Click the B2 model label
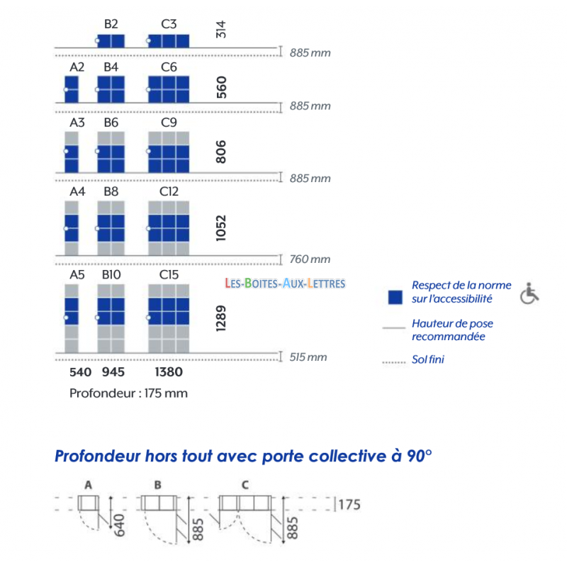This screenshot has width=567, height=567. [x=111, y=24]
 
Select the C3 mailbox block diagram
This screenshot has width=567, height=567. [x=169, y=41]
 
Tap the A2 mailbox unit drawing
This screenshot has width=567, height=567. [x=72, y=89]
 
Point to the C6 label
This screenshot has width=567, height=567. [x=169, y=67]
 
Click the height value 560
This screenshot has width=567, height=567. [x=221, y=87]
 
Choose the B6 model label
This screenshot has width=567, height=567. [x=111, y=123]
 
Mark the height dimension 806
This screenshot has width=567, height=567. [x=221, y=152]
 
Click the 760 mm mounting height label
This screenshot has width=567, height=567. [x=310, y=259]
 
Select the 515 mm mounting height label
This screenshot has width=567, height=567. [x=308, y=357]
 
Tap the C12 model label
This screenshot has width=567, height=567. [x=169, y=191]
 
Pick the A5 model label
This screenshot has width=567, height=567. [x=77, y=275]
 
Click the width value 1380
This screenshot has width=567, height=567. [x=169, y=371]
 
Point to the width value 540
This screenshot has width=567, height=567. [x=80, y=371]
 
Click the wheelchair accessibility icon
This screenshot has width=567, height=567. [x=529, y=293]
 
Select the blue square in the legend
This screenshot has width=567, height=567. [x=395, y=297]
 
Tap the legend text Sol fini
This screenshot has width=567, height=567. [x=428, y=359]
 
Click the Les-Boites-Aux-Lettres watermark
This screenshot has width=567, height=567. [x=285, y=283]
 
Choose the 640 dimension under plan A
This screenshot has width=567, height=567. [x=119, y=525]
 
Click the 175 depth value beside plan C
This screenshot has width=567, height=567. [x=349, y=505]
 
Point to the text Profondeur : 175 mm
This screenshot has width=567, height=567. [x=128, y=393]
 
